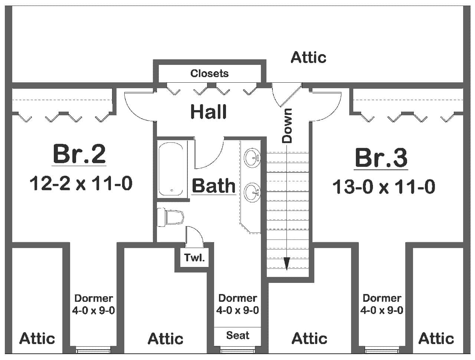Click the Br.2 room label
click(79, 154)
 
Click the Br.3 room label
click(381, 158)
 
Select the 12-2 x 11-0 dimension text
click(81, 184)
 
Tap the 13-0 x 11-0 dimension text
click(383, 187)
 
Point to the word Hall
click(208, 112)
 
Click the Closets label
click(209, 73)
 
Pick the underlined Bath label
click(214, 186)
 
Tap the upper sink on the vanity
click(252, 157)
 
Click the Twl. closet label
click(194, 258)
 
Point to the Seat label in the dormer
click(237, 336)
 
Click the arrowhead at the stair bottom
click(286, 264)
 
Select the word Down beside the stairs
click(287, 126)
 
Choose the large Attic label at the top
click(308, 57)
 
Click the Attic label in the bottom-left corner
click(37, 338)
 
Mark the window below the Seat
click(237, 349)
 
